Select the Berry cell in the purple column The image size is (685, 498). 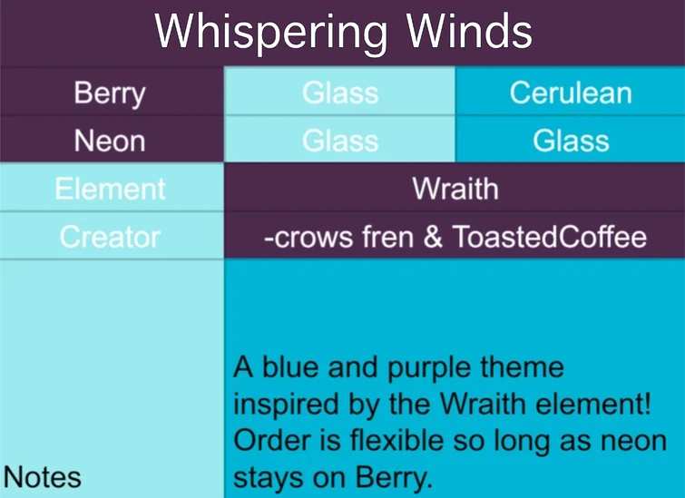click(x=110, y=93)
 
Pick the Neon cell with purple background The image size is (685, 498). click(x=110, y=141)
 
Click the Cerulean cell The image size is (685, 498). click(x=570, y=93)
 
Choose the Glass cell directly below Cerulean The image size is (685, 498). click(x=570, y=141)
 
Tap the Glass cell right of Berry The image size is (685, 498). click(x=340, y=93)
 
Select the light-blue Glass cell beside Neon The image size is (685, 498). click(x=340, y=141)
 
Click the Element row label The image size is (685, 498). click(x=110, y=189)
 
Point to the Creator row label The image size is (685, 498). click(x=110, y=237)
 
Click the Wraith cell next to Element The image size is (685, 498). click(x=455, y=189)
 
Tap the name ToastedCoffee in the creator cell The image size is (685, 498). click(x=550, y=237)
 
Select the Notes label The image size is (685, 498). click(x=43, y=477)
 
